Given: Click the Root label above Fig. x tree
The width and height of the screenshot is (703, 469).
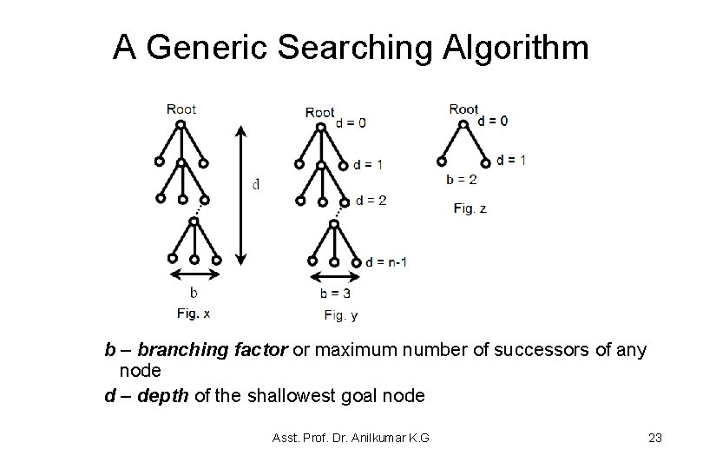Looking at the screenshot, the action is coord(181,109).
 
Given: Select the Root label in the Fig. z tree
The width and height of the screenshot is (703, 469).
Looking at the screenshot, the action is coord(464,109).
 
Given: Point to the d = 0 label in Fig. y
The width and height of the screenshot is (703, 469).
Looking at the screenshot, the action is coord(351,122).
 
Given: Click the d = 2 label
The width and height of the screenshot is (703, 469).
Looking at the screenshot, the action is coord(371,200).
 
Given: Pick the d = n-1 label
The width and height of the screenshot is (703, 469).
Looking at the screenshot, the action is coord(386,261).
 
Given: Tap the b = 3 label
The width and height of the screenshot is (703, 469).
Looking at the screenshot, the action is coord(334,294).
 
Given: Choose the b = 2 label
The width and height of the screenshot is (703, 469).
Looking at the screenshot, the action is coord(461,180).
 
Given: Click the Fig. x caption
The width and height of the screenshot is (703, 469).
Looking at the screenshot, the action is coord(194,313).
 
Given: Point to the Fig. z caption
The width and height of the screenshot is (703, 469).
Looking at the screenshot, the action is coord(470,208).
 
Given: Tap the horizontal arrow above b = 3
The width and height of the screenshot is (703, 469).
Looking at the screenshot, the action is coord(333,279).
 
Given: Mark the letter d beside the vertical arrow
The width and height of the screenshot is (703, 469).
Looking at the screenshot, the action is coord(255,184).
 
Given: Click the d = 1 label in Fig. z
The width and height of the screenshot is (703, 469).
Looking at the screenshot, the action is coord(510,160).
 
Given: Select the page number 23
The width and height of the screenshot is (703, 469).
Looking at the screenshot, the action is coord(654,438).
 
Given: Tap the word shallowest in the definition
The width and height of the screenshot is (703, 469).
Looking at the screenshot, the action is coord(282,396).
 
